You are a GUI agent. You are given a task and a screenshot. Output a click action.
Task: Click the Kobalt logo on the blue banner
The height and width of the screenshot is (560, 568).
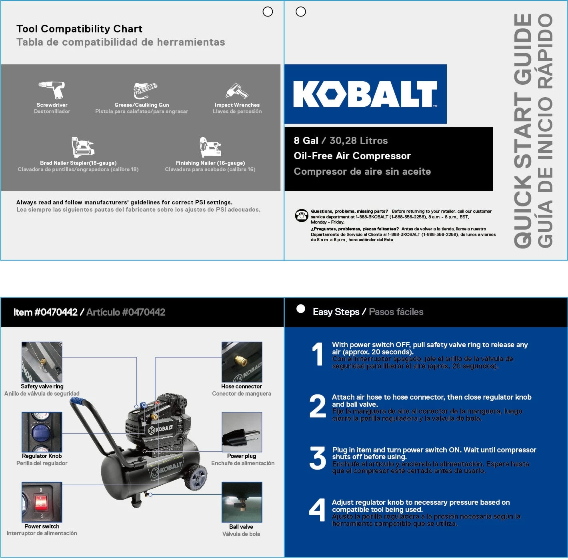pyautogui.click(x=365, y=94)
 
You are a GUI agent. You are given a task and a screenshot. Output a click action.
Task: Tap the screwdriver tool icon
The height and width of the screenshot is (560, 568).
pyautogui.click(x=52, y=90)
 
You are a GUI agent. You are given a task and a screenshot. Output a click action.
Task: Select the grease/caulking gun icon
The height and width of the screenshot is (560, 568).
pyautogui.click(x=144, y=90)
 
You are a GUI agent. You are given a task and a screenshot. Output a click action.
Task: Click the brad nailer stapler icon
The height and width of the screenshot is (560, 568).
pyautogui.click(x=82, y=147)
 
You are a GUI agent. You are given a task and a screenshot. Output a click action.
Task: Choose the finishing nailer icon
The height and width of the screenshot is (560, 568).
pyautogui.click(x=210, y=147)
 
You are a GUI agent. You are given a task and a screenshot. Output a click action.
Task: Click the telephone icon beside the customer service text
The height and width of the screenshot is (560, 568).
pyautogui.click(x=301, y=215)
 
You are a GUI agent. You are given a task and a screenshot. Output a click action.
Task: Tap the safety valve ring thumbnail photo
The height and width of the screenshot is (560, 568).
pyautogui.click(x=42, y=362)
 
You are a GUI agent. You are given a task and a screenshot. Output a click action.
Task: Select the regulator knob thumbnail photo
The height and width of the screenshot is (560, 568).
pyautogui.click(x=42, y=432)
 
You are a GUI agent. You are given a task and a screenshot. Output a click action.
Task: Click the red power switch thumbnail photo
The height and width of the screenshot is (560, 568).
pyautogui.click(x=42, y=502)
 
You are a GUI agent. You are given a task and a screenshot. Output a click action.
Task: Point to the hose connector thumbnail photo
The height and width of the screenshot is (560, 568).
pyautogui.click(x=242, y=362)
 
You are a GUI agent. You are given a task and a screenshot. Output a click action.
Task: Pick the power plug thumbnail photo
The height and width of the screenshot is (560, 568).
pyautogui.click(x=242, y=432)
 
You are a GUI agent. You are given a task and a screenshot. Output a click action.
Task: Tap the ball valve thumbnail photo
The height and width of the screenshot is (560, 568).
pyautogui.click(x=242, y=502)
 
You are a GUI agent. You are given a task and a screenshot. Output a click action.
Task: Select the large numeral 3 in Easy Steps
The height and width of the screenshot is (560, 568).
pyautogui.click(x=318, y=458)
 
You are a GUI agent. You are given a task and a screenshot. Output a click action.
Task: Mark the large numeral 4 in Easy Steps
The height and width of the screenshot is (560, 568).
pyautogui.click(x=318, y=510)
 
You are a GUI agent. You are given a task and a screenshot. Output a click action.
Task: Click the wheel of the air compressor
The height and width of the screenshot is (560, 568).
pyautogui.click(x=197, y=478)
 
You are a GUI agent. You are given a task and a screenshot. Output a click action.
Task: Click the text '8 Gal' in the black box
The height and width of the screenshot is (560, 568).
pyautogui.click(x=306, y=141)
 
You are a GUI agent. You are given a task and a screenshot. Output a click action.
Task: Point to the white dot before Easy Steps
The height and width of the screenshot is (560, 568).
pyautogui.click(x=301, y=309)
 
